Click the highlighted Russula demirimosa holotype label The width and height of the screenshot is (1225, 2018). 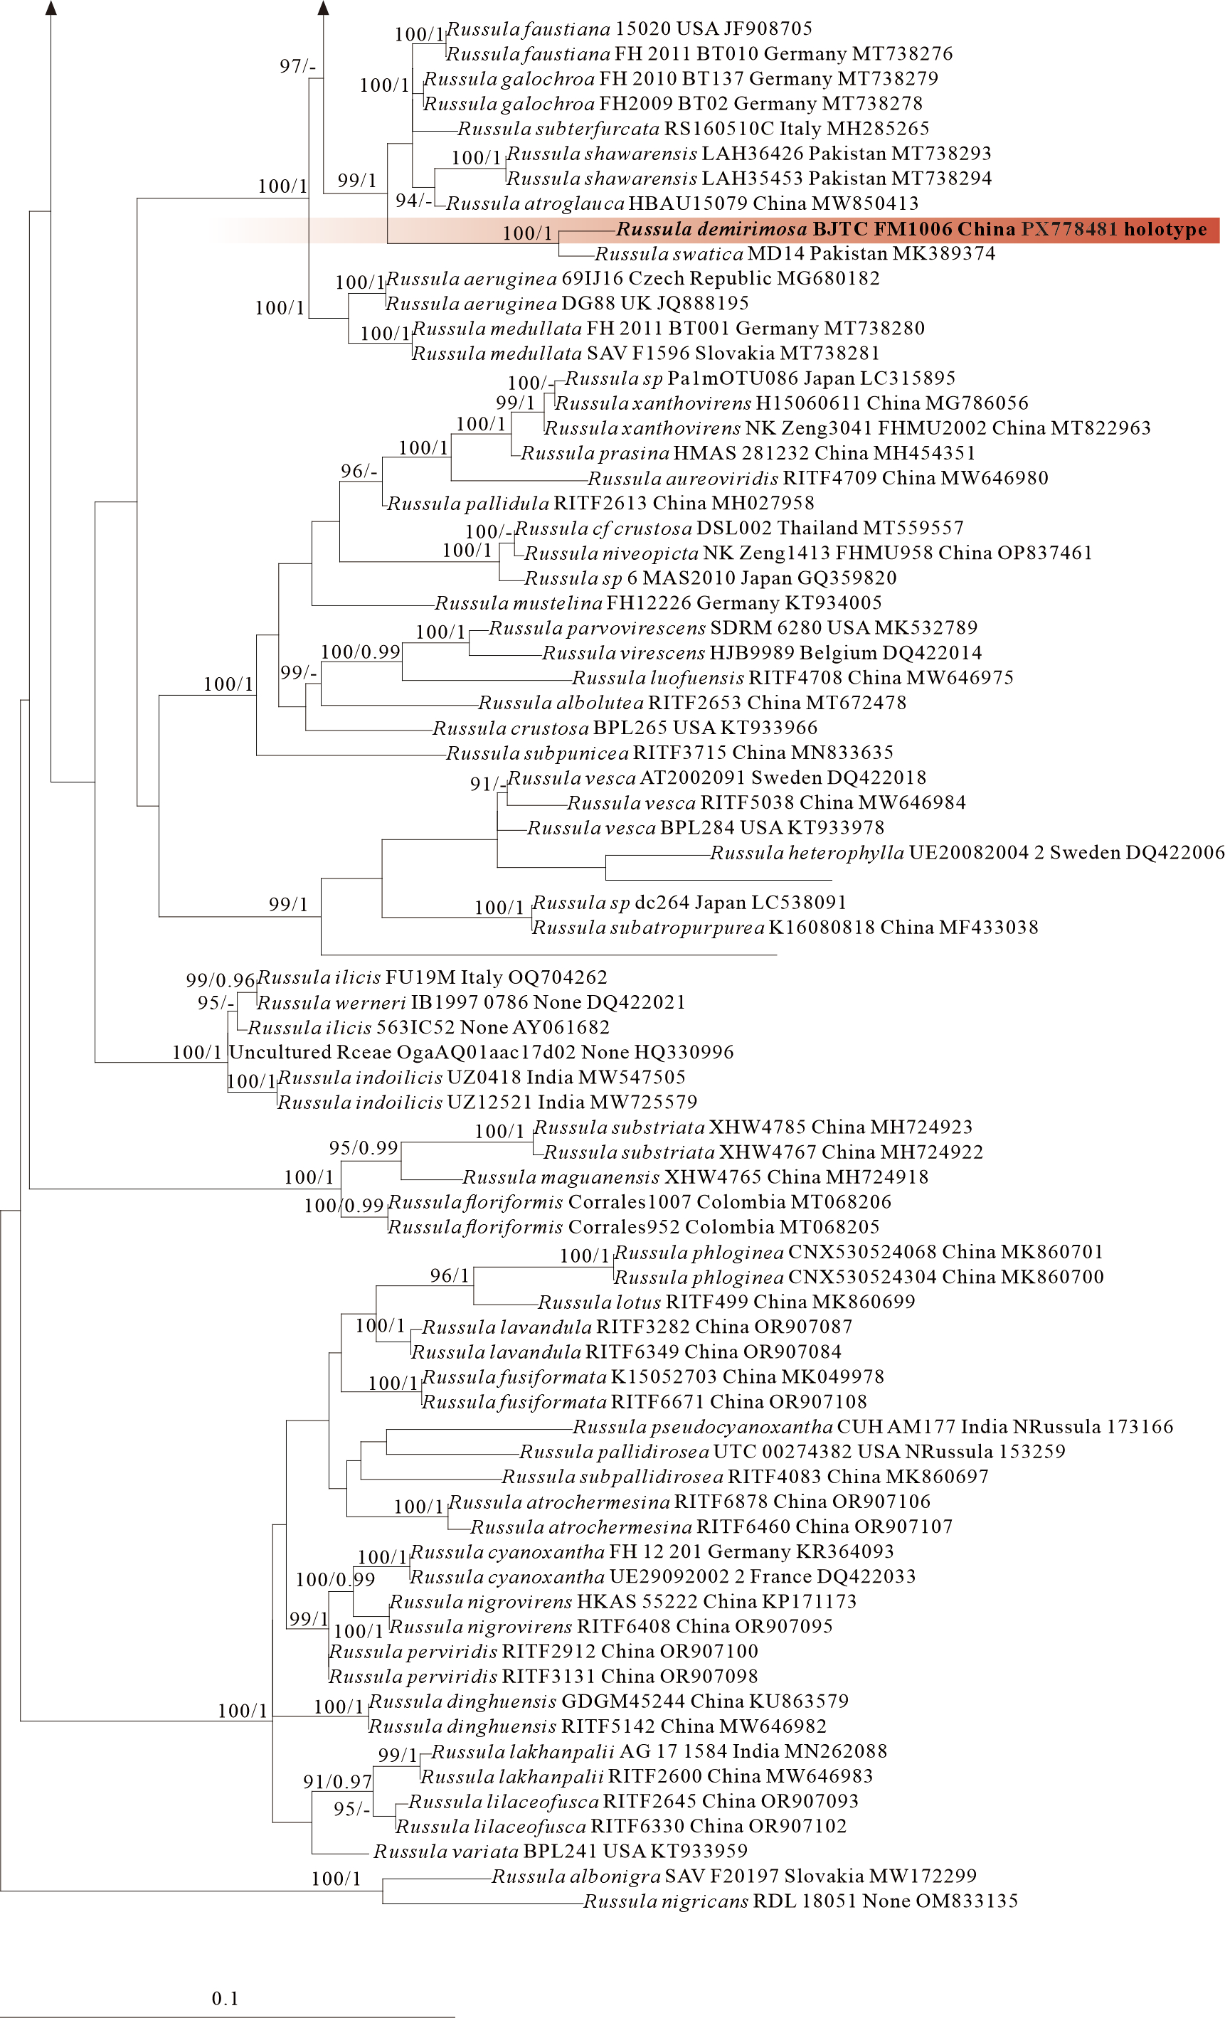(911, 229)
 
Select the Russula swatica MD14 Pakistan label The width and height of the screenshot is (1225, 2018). (795, 254)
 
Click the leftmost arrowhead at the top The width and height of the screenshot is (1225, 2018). (51, 9)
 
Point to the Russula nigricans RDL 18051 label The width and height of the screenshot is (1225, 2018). (800, 1901)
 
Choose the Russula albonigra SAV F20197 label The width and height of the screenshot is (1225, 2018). (733, 1876)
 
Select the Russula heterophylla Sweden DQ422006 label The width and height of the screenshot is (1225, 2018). (967, 853)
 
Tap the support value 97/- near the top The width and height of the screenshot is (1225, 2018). (297, 66)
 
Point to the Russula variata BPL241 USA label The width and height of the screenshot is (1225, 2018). (560, 1851)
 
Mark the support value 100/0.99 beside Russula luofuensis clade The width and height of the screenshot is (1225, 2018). (360, 652)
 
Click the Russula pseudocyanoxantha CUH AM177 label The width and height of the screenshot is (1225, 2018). (873, 1427)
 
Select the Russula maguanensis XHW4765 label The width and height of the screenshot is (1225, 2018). (695, 1177)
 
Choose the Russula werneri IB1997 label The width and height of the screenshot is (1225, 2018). (471, 1002)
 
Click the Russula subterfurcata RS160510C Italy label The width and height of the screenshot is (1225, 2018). (693, 129)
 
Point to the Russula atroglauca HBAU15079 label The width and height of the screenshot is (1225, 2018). (682, 203)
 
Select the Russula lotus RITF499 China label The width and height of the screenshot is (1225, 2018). (726, 1302)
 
